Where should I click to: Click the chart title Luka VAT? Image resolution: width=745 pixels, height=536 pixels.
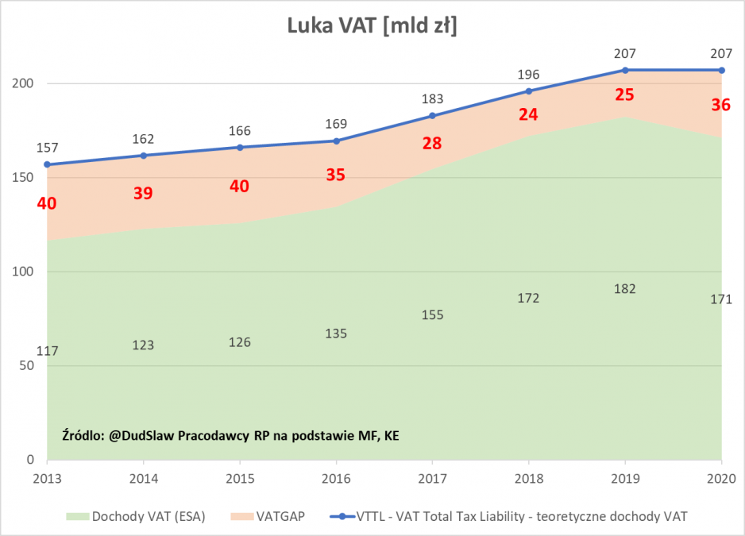(372, 25)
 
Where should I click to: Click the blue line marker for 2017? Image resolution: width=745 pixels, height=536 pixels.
(432, 116)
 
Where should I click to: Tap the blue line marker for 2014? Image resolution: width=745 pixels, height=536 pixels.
(144, 156)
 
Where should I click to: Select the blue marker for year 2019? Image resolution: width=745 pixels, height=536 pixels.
(625, 71)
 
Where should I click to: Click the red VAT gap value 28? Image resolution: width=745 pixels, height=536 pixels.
(432, 143)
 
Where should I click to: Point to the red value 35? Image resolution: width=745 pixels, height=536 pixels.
(336, 175)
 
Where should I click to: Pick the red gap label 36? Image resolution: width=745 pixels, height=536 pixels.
(720, 104)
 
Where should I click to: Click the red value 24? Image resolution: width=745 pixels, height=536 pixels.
(528, 114)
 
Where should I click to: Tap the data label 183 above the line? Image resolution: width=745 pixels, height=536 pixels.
(432, 99)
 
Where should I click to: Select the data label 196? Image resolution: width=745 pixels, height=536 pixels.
(528, 75)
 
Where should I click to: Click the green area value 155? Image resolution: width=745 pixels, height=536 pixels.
(432, 315)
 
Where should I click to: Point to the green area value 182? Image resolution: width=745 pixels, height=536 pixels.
(625, 289)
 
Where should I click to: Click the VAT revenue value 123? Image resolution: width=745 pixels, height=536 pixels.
(144, 345)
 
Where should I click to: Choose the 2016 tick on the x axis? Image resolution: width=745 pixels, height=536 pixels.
(336, 479)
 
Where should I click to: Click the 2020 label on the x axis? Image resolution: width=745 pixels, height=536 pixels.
(721, 479)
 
